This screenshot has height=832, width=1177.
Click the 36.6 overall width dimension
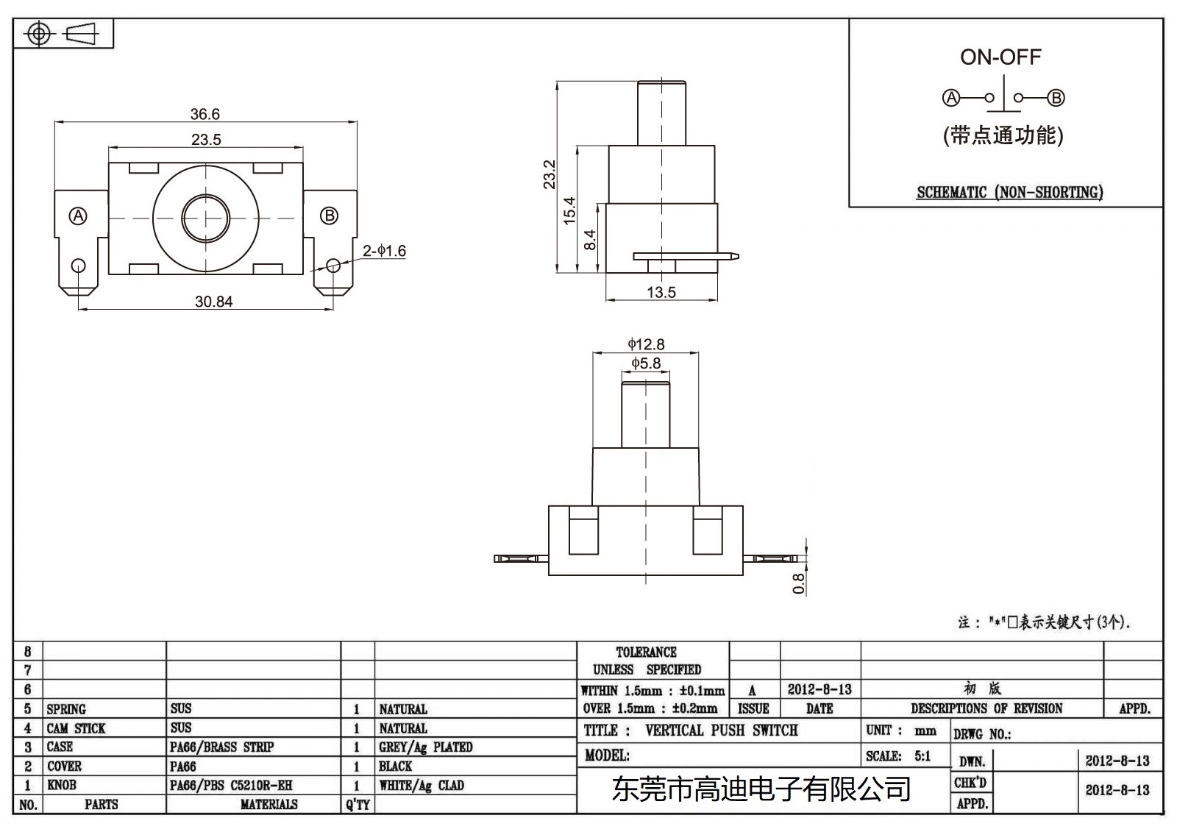[205, 114]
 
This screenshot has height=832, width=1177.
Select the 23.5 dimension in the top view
[206, 140]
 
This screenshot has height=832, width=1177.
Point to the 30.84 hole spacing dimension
[213, 302]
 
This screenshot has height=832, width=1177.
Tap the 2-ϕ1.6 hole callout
[384, 251]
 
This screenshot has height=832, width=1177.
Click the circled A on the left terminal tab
[78, 216]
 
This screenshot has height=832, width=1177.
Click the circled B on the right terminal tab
[330, 216]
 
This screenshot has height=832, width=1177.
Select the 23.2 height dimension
[550, 174]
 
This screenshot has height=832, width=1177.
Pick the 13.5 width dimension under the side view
[661, 292]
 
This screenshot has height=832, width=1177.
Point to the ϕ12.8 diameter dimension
[646, 344]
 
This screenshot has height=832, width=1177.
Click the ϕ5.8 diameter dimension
[646, 363]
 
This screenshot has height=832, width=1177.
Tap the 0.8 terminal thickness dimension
[799, 583]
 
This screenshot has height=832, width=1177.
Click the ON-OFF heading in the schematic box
[1000, 57]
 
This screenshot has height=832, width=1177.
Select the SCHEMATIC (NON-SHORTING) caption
[1009, 193]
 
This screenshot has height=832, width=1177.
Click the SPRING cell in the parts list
[66, 709]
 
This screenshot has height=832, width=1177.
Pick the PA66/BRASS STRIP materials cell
[221, 747]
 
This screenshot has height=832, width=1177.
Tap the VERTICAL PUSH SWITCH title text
[721, 730]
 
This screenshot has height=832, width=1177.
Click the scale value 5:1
[922, 755]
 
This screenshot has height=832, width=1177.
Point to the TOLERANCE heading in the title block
[646, 652]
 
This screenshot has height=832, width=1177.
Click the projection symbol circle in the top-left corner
[39, 34]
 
